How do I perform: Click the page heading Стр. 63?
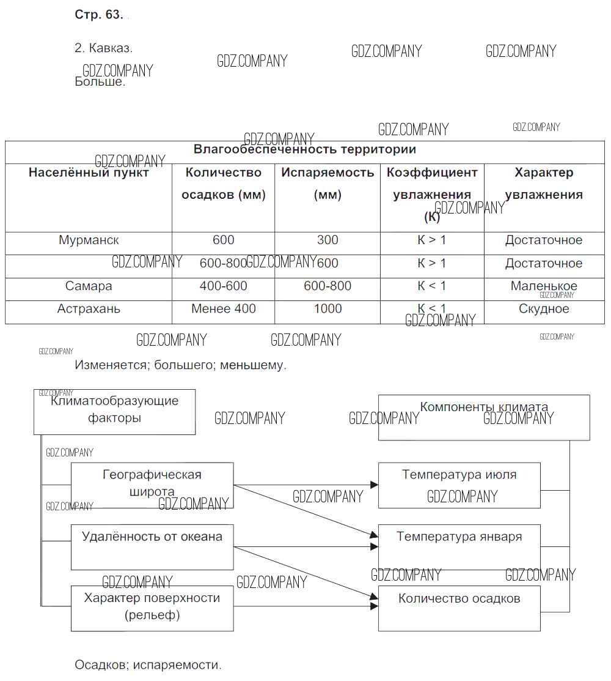coord(98,15)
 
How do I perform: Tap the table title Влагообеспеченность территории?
coord(304,149)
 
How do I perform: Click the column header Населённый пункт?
coord(89,173)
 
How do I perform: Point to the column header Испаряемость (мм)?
coord(327,184)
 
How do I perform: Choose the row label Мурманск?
coord(89,240)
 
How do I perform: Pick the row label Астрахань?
coord(89,309)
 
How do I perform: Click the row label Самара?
coord(89,286)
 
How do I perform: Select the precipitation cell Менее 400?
coord(223,309)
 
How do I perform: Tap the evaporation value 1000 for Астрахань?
coord(327,309)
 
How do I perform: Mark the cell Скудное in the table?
coord(544,309)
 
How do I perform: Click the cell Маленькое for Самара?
coord(544,286)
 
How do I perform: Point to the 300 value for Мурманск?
coord(327,240)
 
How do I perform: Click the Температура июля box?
coord(459,485)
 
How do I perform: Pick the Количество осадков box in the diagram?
coord(459,608)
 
